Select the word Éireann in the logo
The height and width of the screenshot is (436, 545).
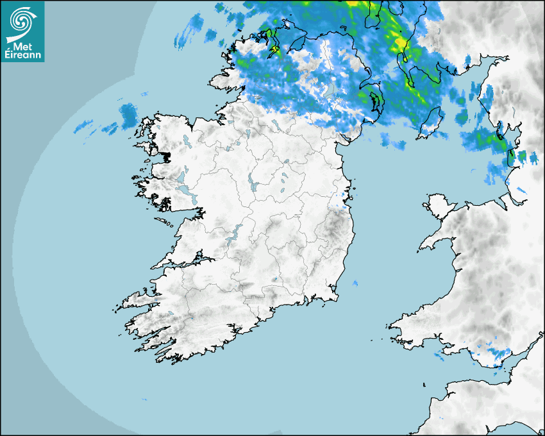click(23, 56)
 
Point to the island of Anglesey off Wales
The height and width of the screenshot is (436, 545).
click(439, 205)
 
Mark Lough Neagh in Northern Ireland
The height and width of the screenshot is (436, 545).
click(330, 88)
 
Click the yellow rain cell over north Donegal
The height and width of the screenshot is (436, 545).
click(274, 48)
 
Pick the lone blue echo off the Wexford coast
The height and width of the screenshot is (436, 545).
click(355, 283)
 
